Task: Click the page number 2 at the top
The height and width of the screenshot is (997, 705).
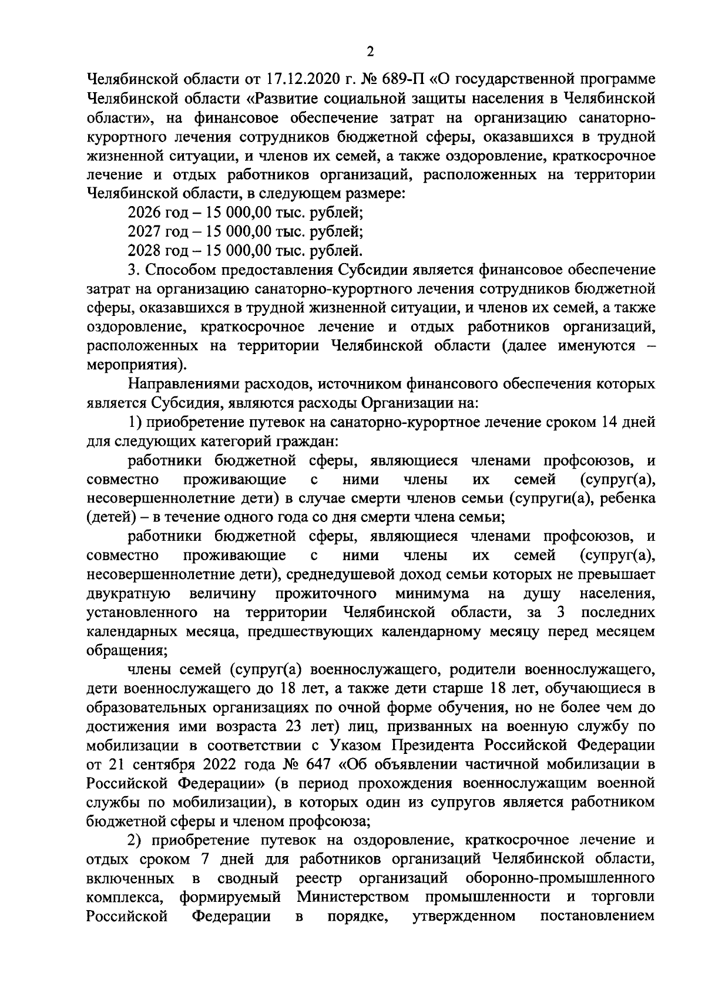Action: tap(370, 52)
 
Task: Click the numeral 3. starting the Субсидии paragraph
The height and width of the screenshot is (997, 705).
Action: tap(133, 270)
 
